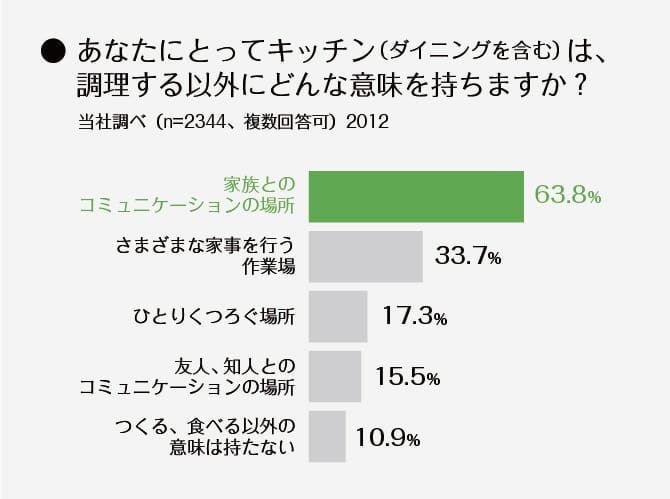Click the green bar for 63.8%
click(417, 196)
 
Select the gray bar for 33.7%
click(366, 256)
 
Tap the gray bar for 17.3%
click(338, 316)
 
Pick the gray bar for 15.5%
click(335, 376)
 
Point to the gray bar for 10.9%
click(327, 436)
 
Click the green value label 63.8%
click(567, 196)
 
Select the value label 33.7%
click(468, 257)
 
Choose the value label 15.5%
click(408, 377)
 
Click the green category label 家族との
click(258, 185)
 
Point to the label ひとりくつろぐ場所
click(214, 317)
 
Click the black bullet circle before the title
click(53, 49)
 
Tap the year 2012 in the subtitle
click(366, 124)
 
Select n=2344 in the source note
click(196, 124)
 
